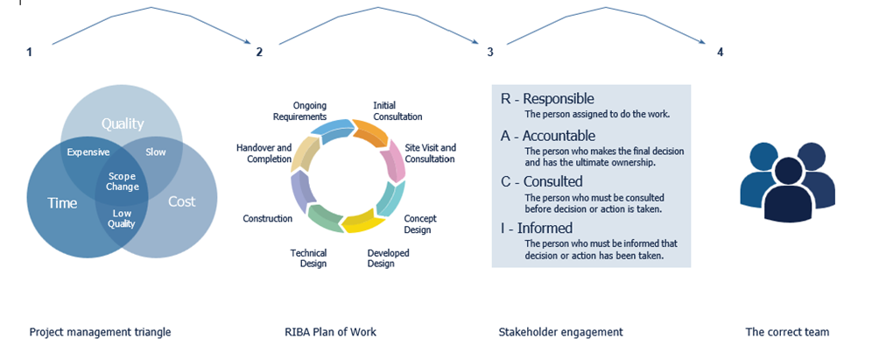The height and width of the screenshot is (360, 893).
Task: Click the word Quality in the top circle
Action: [x=122, y=124]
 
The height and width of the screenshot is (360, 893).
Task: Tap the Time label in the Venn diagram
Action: [x=63, y=202]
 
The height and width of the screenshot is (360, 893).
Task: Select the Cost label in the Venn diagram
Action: [x=181, y=201]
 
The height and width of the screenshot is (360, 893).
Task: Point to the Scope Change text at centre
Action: [x=122, y=181]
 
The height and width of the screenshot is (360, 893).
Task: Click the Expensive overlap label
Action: [x=88, y=152]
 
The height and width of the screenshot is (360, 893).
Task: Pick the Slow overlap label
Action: [x=156, y=152]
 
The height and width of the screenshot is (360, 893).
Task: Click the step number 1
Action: [x=29, y=53]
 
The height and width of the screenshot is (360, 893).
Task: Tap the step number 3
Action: [x=490, y=53]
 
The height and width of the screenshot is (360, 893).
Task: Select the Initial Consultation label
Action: [x=397, y=111]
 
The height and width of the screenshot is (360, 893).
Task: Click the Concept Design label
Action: [x=420, y=224]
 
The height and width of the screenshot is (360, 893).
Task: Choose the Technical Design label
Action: [x=308, y=258]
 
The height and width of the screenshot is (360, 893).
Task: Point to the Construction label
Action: [x=267, y=218]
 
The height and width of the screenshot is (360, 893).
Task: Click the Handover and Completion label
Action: [x=264, y=154]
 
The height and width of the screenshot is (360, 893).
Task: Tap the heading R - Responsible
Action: [x=547, y=99]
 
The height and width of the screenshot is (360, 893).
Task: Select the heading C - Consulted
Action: [x=541, y=181]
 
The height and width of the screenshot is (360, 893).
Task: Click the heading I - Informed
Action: [x=538, y=228]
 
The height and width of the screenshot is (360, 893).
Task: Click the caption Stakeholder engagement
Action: [x=560, y=333]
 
